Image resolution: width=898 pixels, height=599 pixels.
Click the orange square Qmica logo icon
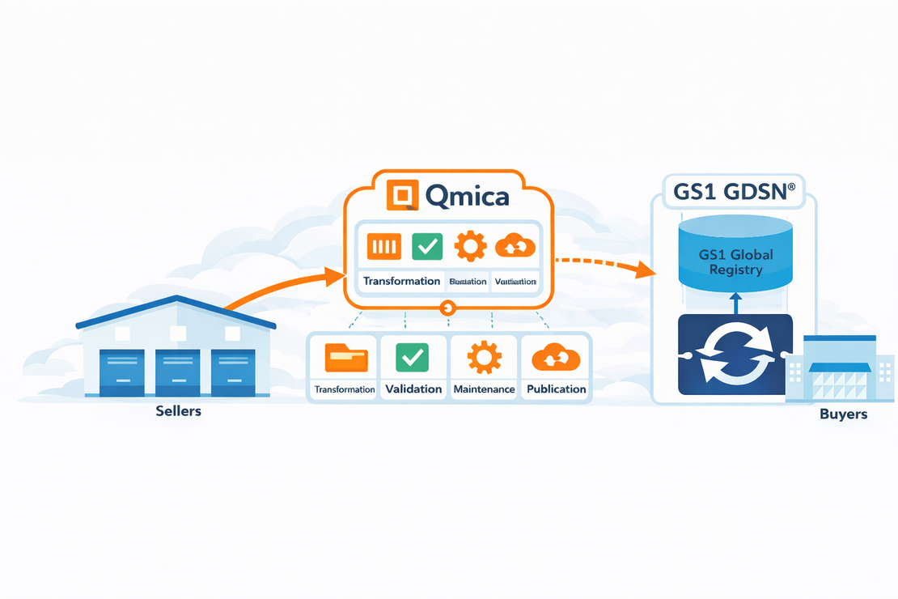(401, 196)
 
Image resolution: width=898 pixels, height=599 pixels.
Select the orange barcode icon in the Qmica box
(384, 246)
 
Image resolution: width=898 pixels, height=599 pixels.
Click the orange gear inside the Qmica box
(470, 246)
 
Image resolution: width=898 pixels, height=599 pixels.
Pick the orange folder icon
(345, 357)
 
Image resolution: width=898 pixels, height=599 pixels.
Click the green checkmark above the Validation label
(413, 357)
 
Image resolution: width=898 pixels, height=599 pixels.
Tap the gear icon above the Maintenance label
(484, 357)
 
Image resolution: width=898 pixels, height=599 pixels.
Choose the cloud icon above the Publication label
(556, 357)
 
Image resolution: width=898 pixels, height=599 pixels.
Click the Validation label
(413, 389)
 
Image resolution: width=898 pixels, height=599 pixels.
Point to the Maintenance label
(484, 389)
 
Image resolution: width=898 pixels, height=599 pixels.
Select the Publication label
(556, 389)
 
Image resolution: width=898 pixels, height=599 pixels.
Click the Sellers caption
(178, 411)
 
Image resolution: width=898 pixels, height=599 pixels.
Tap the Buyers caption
(843, 414)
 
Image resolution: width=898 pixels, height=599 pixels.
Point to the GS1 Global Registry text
(735, 261)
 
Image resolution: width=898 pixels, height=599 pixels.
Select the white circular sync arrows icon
(735, 355)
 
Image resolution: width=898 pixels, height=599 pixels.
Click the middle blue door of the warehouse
(178, 371)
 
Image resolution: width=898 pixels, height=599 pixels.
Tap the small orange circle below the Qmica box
(447, 308)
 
